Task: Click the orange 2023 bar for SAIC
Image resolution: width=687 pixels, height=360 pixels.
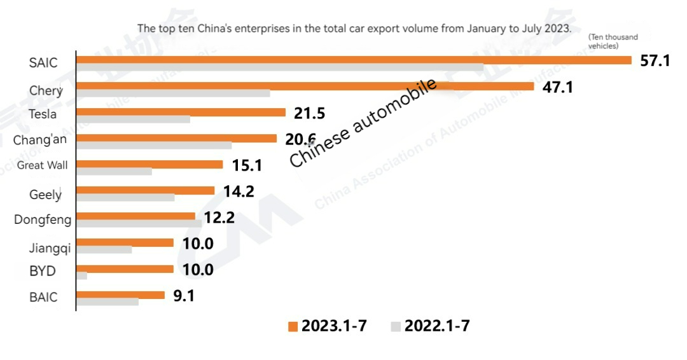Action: pyautogui.click(x=354, y=60)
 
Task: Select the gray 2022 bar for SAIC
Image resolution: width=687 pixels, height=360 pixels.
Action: pyautogui.click(x=280, y=67)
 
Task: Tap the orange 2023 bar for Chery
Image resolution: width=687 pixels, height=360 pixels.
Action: pyautogui.click(x=305, y=87)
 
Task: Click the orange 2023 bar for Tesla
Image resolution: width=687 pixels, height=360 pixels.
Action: pyautogui.click(x=181, y=113)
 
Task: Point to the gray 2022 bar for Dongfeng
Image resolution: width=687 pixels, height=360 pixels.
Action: pyautogui.click(x=139, y=224)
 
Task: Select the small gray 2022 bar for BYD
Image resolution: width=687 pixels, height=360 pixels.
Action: pyautogui.click(x=81, y=276)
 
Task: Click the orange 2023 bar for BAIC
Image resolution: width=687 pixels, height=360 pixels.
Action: pyautogui.click(x=120, y=295)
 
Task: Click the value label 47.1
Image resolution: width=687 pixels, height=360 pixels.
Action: pyautogui.click(x=557, y=87)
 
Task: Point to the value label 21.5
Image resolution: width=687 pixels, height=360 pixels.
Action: pyautogui.click(x=309, y=113)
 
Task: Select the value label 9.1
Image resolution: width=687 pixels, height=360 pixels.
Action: pyautogui.click(x=184, y=296)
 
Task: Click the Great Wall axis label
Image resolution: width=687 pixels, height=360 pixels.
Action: pyautogui.click(x=42, y=165)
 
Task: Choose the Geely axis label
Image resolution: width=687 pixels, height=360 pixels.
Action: pyautogui.click(x=45, y=195)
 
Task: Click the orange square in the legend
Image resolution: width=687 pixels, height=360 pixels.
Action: pyautogui.click(x=293, y=326)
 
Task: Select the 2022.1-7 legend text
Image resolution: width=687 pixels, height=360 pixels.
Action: pyautogui.click(x=437, y=326)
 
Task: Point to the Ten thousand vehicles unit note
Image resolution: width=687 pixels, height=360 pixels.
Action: pyautogui.click(x=613, y=41)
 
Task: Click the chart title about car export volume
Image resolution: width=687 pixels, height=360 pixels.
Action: pyautogui.click(x=354, y=29)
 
